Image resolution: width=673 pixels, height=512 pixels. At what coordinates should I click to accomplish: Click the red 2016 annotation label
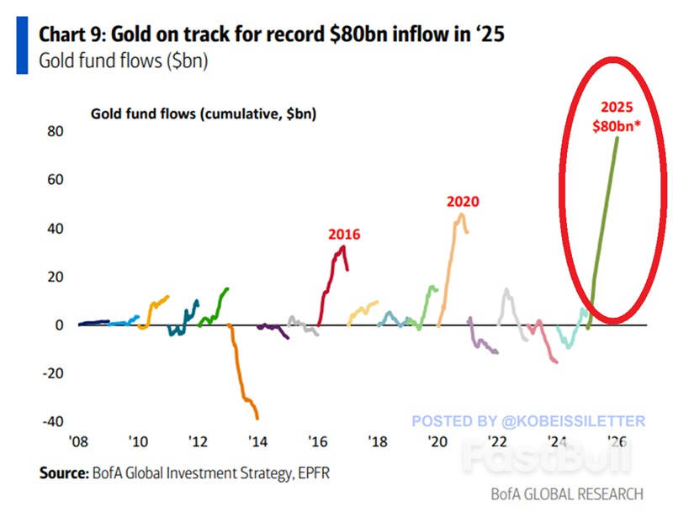point(344,235)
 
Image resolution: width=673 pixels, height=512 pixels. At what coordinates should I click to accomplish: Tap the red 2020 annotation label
point(462,202)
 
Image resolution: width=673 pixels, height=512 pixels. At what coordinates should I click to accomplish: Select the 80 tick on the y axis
point(56,132)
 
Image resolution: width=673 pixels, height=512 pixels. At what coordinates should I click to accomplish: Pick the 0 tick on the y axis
point(59,325)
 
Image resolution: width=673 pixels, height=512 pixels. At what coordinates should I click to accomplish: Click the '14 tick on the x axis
point(257,442)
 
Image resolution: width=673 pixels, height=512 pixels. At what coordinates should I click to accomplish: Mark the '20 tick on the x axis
point(437,442)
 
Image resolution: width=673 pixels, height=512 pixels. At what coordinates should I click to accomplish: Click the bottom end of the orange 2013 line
point(257,418)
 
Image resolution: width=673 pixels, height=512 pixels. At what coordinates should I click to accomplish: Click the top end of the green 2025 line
point(617,138)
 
